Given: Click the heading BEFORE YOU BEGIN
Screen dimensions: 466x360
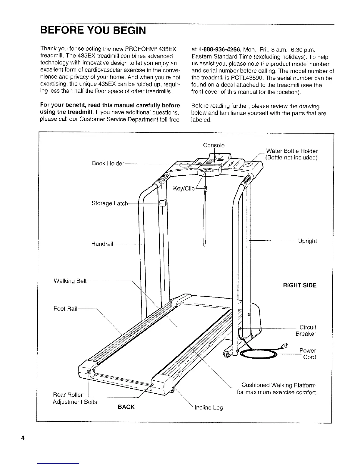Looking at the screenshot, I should [x=93, y=30].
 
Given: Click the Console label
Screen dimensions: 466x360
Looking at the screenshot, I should [x=214, y=145].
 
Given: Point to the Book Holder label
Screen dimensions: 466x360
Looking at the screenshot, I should [x=108, y=164].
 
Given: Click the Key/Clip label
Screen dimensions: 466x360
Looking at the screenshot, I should [x=184, y=189].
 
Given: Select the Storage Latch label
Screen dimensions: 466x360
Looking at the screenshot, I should [x=110, y=204].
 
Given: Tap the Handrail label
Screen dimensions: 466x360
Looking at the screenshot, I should [x=102, y=244].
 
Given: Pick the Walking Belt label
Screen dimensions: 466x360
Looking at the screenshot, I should [x=70, y=281].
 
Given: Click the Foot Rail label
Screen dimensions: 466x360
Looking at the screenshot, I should [x=65, y=309].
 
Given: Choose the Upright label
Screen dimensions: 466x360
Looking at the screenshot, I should [x=307, y=241].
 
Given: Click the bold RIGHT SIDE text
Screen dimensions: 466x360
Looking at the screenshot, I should [x=299, y=286].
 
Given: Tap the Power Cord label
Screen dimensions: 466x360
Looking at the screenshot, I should [x=307, y=354].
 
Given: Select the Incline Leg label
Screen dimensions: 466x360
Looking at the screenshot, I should [x=209, y=408].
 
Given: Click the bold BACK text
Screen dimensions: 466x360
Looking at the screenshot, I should [x=126, y=407].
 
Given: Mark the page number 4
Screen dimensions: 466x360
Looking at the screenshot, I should [x=22, y=437].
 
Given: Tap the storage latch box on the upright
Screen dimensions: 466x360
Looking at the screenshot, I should [x=163, y=203].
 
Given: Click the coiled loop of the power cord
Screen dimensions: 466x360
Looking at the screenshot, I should [x=258, y=354].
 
